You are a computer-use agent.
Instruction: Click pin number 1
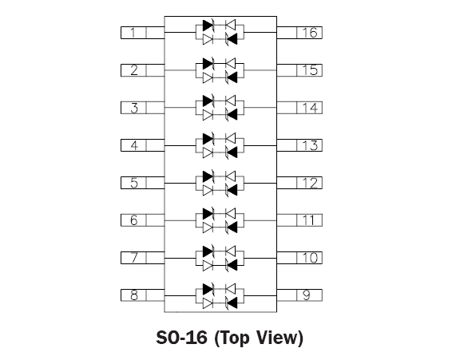(143, 33)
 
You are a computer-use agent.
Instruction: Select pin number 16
(299, 33)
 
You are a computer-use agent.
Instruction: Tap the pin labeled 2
(143, 70)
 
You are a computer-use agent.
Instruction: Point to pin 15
(299, 70)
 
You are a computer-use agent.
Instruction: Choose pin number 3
(143, 108)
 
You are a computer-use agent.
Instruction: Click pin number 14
(299, 108)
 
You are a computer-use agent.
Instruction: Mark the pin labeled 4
(143, 145)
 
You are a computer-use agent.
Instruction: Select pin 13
(299, 145)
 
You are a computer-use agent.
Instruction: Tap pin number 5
(143, 183)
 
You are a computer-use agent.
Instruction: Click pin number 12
(299, 183)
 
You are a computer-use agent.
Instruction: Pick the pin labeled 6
(143, 220)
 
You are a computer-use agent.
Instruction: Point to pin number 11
(299, 220)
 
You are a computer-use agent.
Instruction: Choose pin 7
(143, 258)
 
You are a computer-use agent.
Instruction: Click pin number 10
(299, 258)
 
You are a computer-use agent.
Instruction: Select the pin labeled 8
(143, 295)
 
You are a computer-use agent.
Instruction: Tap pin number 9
(299, 295)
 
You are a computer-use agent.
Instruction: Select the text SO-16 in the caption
(181, 338)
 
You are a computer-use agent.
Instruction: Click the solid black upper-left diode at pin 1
(208, 26)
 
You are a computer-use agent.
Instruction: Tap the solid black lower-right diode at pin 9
(231, 303)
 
